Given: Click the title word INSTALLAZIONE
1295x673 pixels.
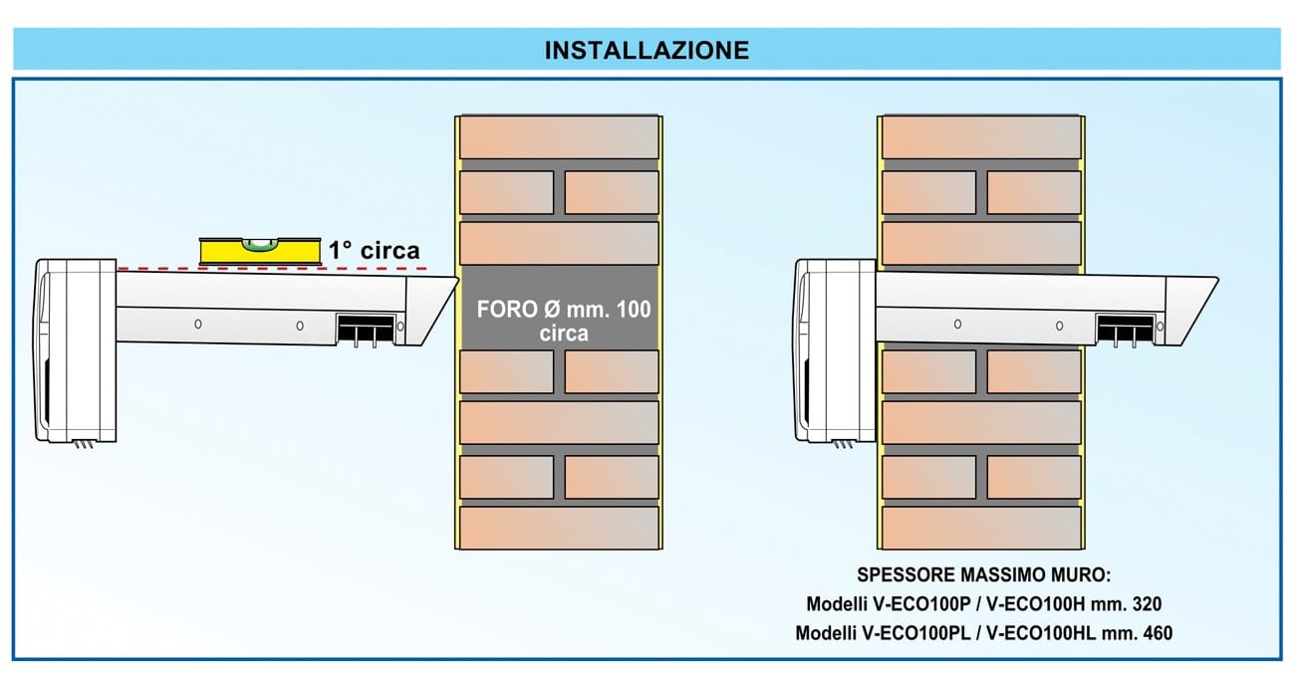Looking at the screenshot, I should pyautogui.click(x=647, y=50).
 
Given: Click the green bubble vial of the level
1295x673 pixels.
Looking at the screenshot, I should pyautogui.click(x=259, y=242).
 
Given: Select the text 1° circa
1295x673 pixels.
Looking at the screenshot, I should pyautogui.click(x=375, y=251).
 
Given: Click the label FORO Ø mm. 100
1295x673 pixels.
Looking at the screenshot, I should pyautogui.click(x=564, y=310).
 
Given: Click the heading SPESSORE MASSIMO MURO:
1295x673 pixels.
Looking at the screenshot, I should pyautogui.click(x=983, y=575).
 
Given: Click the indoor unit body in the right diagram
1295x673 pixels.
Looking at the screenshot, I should pyautogui.click(x=837, y=348).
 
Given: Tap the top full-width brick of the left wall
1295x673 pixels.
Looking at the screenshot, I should pyautogui.click(x=559, y=136).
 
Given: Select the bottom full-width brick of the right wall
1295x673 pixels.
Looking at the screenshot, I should pyautogui.click(x=982, y=528).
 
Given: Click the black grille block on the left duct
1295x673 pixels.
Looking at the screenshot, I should pyautogui.click(x=363, y=329).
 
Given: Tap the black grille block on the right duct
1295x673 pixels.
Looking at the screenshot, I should pyautogui.click(x=1124, y=330).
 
